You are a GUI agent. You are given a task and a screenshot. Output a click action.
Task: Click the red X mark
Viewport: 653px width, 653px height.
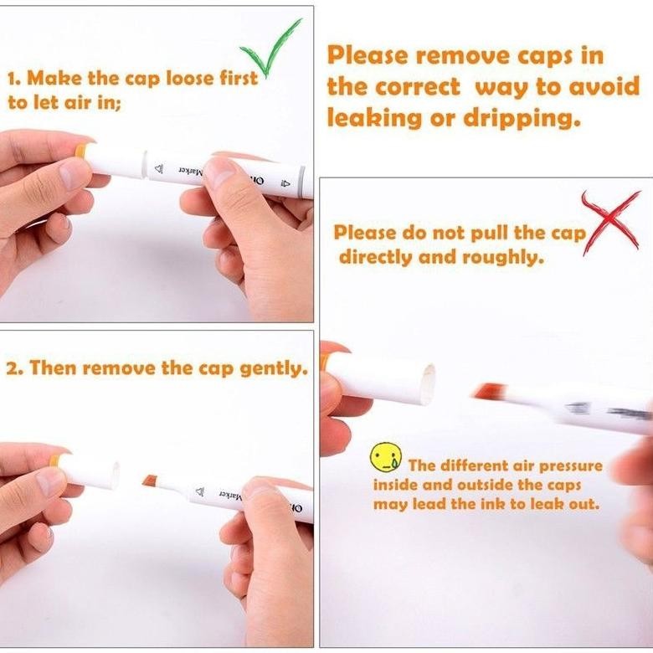coord(611,223)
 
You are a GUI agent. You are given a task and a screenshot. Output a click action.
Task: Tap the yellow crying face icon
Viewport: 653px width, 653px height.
coord(386,457)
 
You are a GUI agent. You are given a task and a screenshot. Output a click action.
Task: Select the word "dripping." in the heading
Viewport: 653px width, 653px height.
coord(522,118)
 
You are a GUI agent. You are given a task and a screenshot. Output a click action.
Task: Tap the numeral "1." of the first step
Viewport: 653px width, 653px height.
coord(15,79)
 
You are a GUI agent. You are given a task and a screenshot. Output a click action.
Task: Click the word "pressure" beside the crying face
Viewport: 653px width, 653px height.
coord(571,466)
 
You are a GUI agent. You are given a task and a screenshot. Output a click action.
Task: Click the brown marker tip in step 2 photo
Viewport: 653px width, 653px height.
coord(150,481)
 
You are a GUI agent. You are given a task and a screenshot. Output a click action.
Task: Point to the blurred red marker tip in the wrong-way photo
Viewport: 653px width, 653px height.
coord(490,391)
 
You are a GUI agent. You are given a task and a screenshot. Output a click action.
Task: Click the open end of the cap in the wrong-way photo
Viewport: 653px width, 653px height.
coord(429,383)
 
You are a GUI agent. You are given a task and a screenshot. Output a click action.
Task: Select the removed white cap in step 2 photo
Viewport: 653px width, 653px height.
coord(89,474)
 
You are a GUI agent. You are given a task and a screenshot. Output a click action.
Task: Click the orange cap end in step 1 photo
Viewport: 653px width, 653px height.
coord(80,151)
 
